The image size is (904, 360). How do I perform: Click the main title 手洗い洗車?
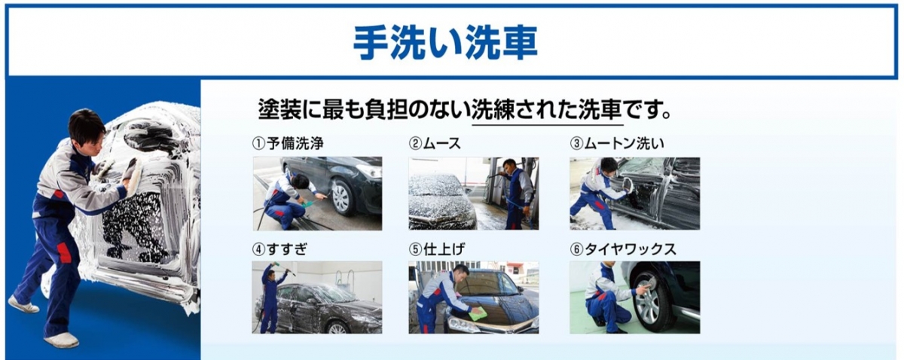click(445, 43)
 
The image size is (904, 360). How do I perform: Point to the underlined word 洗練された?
click(524, 110)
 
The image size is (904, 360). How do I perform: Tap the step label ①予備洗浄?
click(288, 143)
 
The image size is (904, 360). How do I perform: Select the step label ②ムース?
click(435, 143)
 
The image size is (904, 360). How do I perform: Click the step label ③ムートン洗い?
click(617, 143)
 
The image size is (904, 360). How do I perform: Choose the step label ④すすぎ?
click(279, 249)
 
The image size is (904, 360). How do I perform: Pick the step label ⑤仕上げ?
click(437, 249)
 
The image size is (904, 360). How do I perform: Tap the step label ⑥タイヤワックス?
click(623, 249)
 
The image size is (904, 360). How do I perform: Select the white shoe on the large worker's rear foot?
click(23, 305)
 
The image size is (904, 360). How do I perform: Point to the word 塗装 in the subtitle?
click(279, 110)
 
